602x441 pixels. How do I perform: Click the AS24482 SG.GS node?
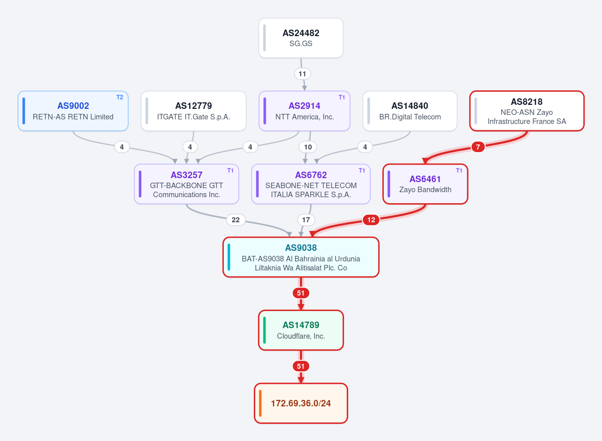[x=300, y=38]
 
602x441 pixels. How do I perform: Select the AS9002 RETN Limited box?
[x=73, y=111]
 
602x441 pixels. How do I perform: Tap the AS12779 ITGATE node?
[x=194, y=111]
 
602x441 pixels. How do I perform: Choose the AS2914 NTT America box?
[x=304, y=111]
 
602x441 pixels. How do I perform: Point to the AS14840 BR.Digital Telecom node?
[x=410, y=111]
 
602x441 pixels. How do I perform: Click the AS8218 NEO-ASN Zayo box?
[x=527, y=111]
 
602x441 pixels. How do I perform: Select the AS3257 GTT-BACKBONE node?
[x=187, y=184]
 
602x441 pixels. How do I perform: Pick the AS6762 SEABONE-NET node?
[x=311, y=184]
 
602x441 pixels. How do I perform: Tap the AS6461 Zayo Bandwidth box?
[x=425, y=184]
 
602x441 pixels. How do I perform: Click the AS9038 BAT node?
[x=300, y=257]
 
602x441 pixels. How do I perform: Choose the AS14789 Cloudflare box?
[x=300, y=330]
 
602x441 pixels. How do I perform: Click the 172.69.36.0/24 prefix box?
[x=300, y=403]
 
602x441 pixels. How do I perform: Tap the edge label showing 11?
[x=303, y=74]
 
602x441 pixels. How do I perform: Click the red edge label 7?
[x=478, y=147]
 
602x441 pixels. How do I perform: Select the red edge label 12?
[x=371, y=220]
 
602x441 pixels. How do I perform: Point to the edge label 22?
[x=236, y=220]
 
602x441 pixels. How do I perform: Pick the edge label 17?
[x=306, y=220]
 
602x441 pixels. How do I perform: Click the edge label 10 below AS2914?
[x=308, y=147]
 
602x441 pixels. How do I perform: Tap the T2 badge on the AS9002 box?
[x=119, y=97]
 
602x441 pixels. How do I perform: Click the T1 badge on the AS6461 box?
[x=459, y=171]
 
